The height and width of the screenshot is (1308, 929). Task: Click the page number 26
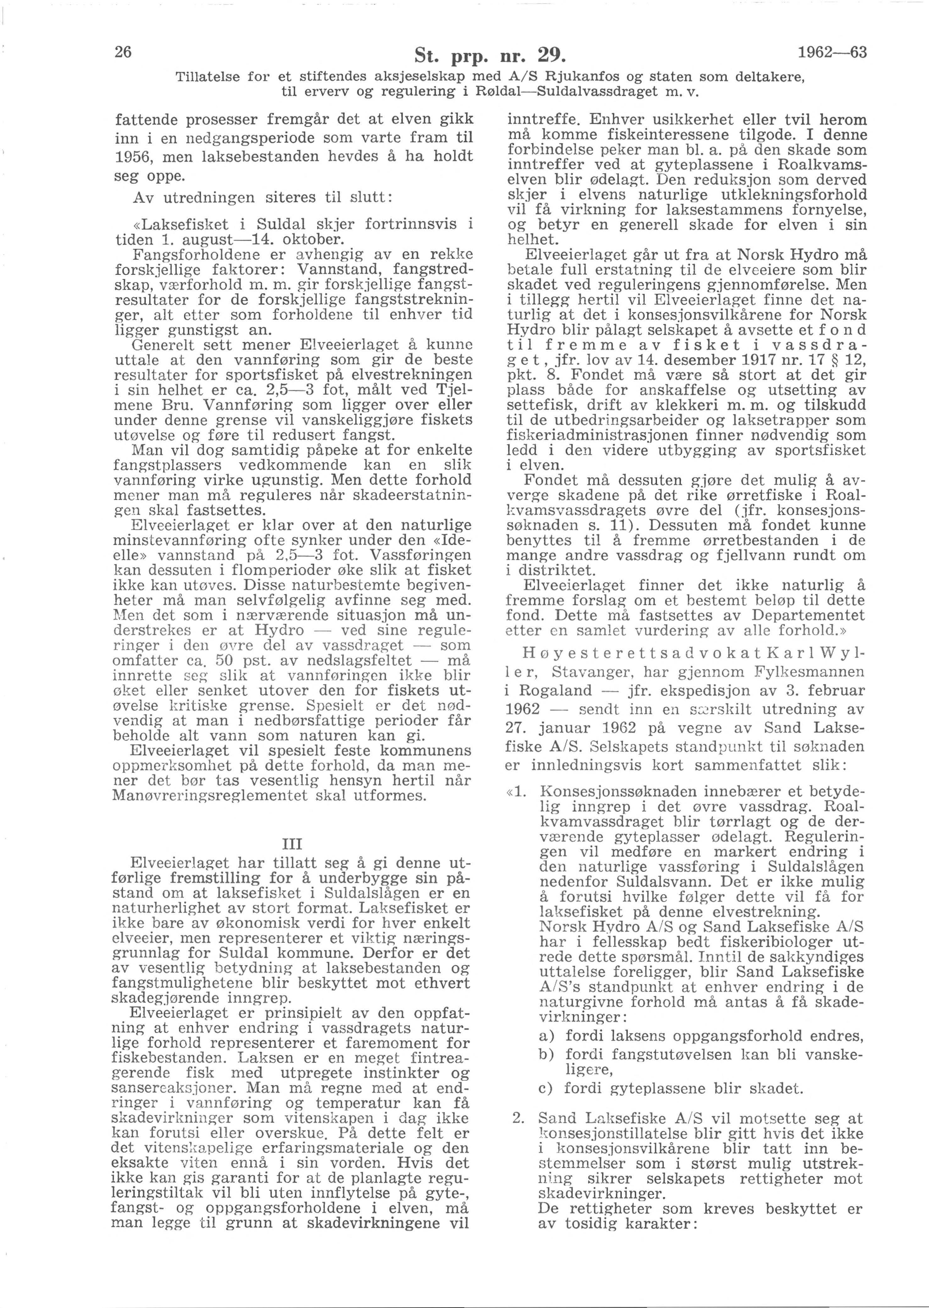point(124,52)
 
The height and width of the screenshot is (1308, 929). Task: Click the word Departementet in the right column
point(808,616)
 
